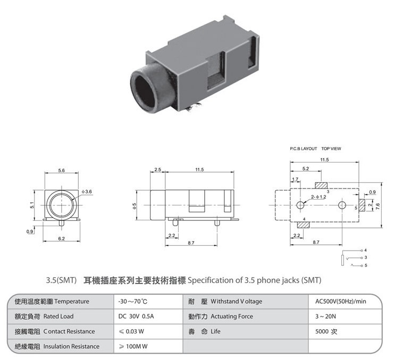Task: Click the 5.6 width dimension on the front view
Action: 62,170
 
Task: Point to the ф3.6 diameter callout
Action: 87,192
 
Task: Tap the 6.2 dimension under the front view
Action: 62,238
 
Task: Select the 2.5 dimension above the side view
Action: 158,169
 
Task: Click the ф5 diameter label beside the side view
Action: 135,206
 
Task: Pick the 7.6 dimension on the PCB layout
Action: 377,207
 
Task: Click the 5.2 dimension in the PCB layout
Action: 306,168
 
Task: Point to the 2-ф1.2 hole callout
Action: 318,197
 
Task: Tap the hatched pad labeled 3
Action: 322,185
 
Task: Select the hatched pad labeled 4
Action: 304,225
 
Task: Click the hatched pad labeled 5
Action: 362,205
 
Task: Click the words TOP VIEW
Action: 331,149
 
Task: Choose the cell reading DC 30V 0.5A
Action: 136,316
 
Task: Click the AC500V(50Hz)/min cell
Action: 341,302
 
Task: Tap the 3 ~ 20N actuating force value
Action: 325,316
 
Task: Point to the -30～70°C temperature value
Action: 133,302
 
